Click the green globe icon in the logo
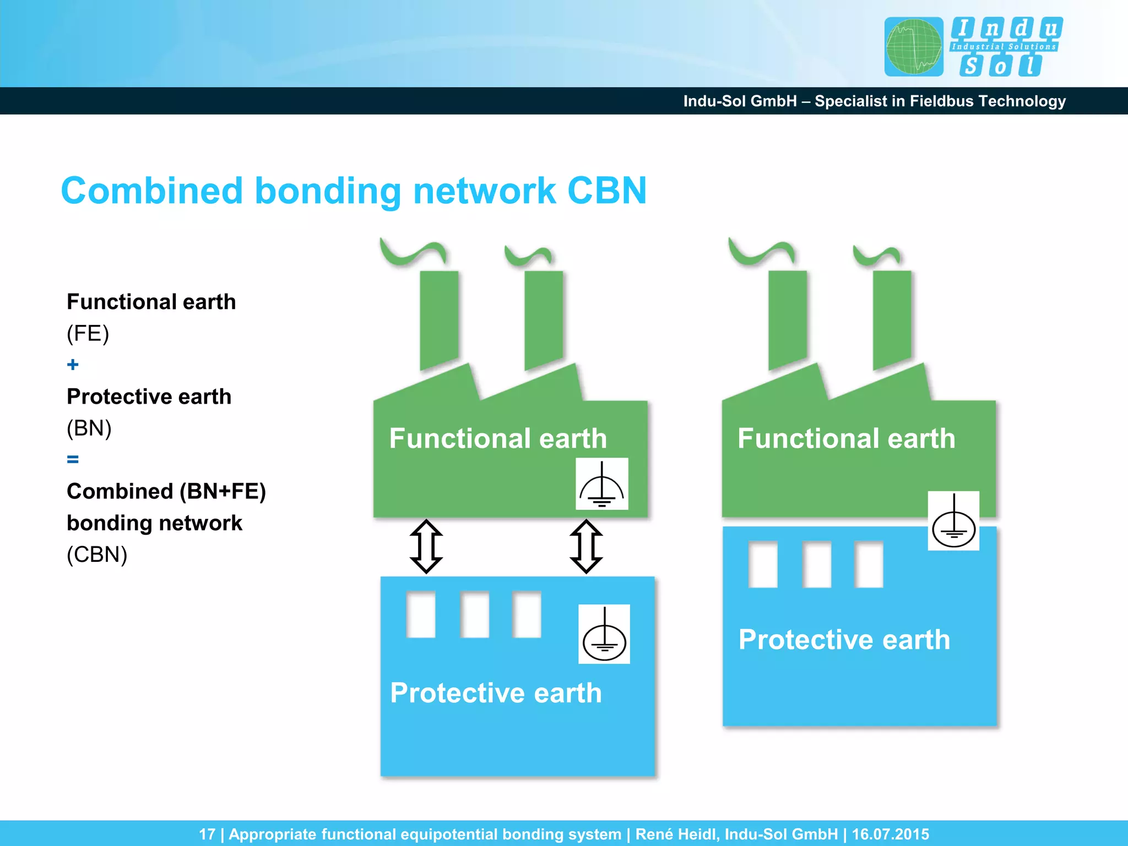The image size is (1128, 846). pos(914,47)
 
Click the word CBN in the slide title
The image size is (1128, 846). pos(606,191)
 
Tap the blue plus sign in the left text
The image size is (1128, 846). pos(73,365)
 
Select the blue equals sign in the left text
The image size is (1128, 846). pos(73,459)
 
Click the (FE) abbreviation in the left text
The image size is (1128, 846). pos(88,333)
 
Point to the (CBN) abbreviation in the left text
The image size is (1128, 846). pos(97,554)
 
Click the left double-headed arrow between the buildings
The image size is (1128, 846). pos(426,546)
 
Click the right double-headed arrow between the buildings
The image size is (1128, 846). pos(586,546)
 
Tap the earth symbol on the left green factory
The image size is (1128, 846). pos(601,484)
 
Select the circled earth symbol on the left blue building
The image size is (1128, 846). pos(604,634)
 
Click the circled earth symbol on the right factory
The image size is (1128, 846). pos(953,520)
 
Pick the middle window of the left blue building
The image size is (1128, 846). pos(474,614)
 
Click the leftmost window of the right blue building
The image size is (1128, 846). pos(763,565)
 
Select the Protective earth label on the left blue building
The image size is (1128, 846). pos(496,692)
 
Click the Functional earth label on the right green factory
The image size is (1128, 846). pos(846,438)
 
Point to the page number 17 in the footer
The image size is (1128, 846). pos(207,834)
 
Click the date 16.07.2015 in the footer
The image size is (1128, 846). pos(890,834)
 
